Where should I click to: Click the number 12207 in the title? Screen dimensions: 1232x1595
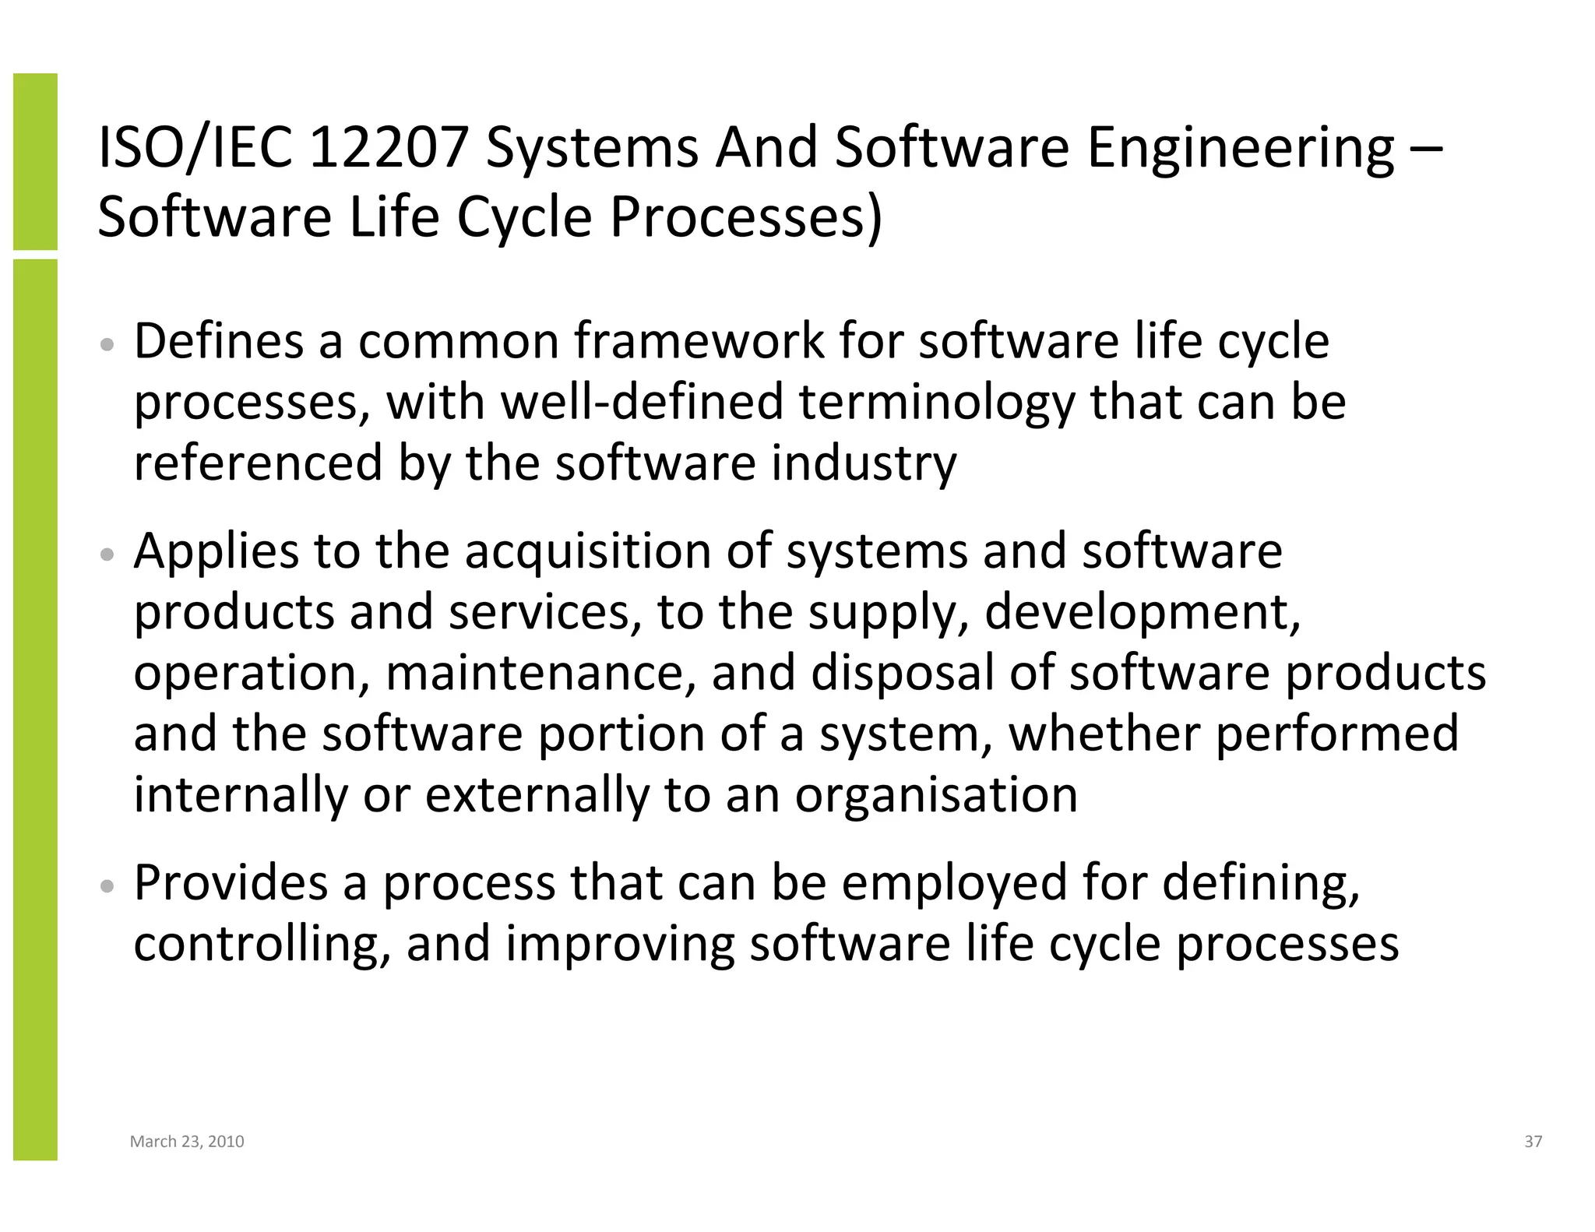click(x=388, y=148)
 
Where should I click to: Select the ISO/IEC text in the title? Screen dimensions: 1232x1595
click(x=195, y=148)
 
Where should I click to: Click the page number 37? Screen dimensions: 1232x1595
click(x=1533, y=1142)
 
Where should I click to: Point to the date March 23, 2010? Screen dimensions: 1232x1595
click(x=187, y=1142)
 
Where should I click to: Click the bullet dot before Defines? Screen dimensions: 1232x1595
click(x=109, y=344)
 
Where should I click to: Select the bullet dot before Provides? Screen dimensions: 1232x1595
click(x=109, y=885)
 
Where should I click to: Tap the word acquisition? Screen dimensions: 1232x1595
click(x=589, y=551)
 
